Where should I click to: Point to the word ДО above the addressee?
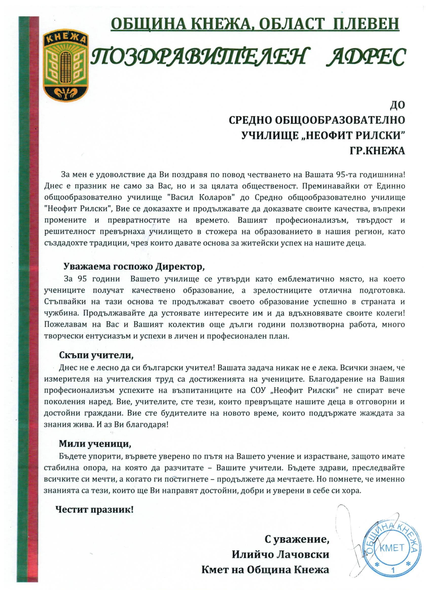pos(397,105)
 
